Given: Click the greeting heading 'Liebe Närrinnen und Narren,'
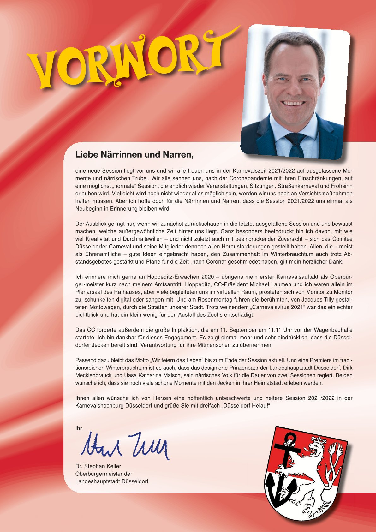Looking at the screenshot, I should point(134,155).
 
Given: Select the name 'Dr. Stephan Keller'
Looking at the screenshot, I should point(98,466).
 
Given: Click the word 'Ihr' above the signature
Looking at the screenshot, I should point(79,428).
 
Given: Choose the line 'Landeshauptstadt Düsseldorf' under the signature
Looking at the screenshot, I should point(112,481).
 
